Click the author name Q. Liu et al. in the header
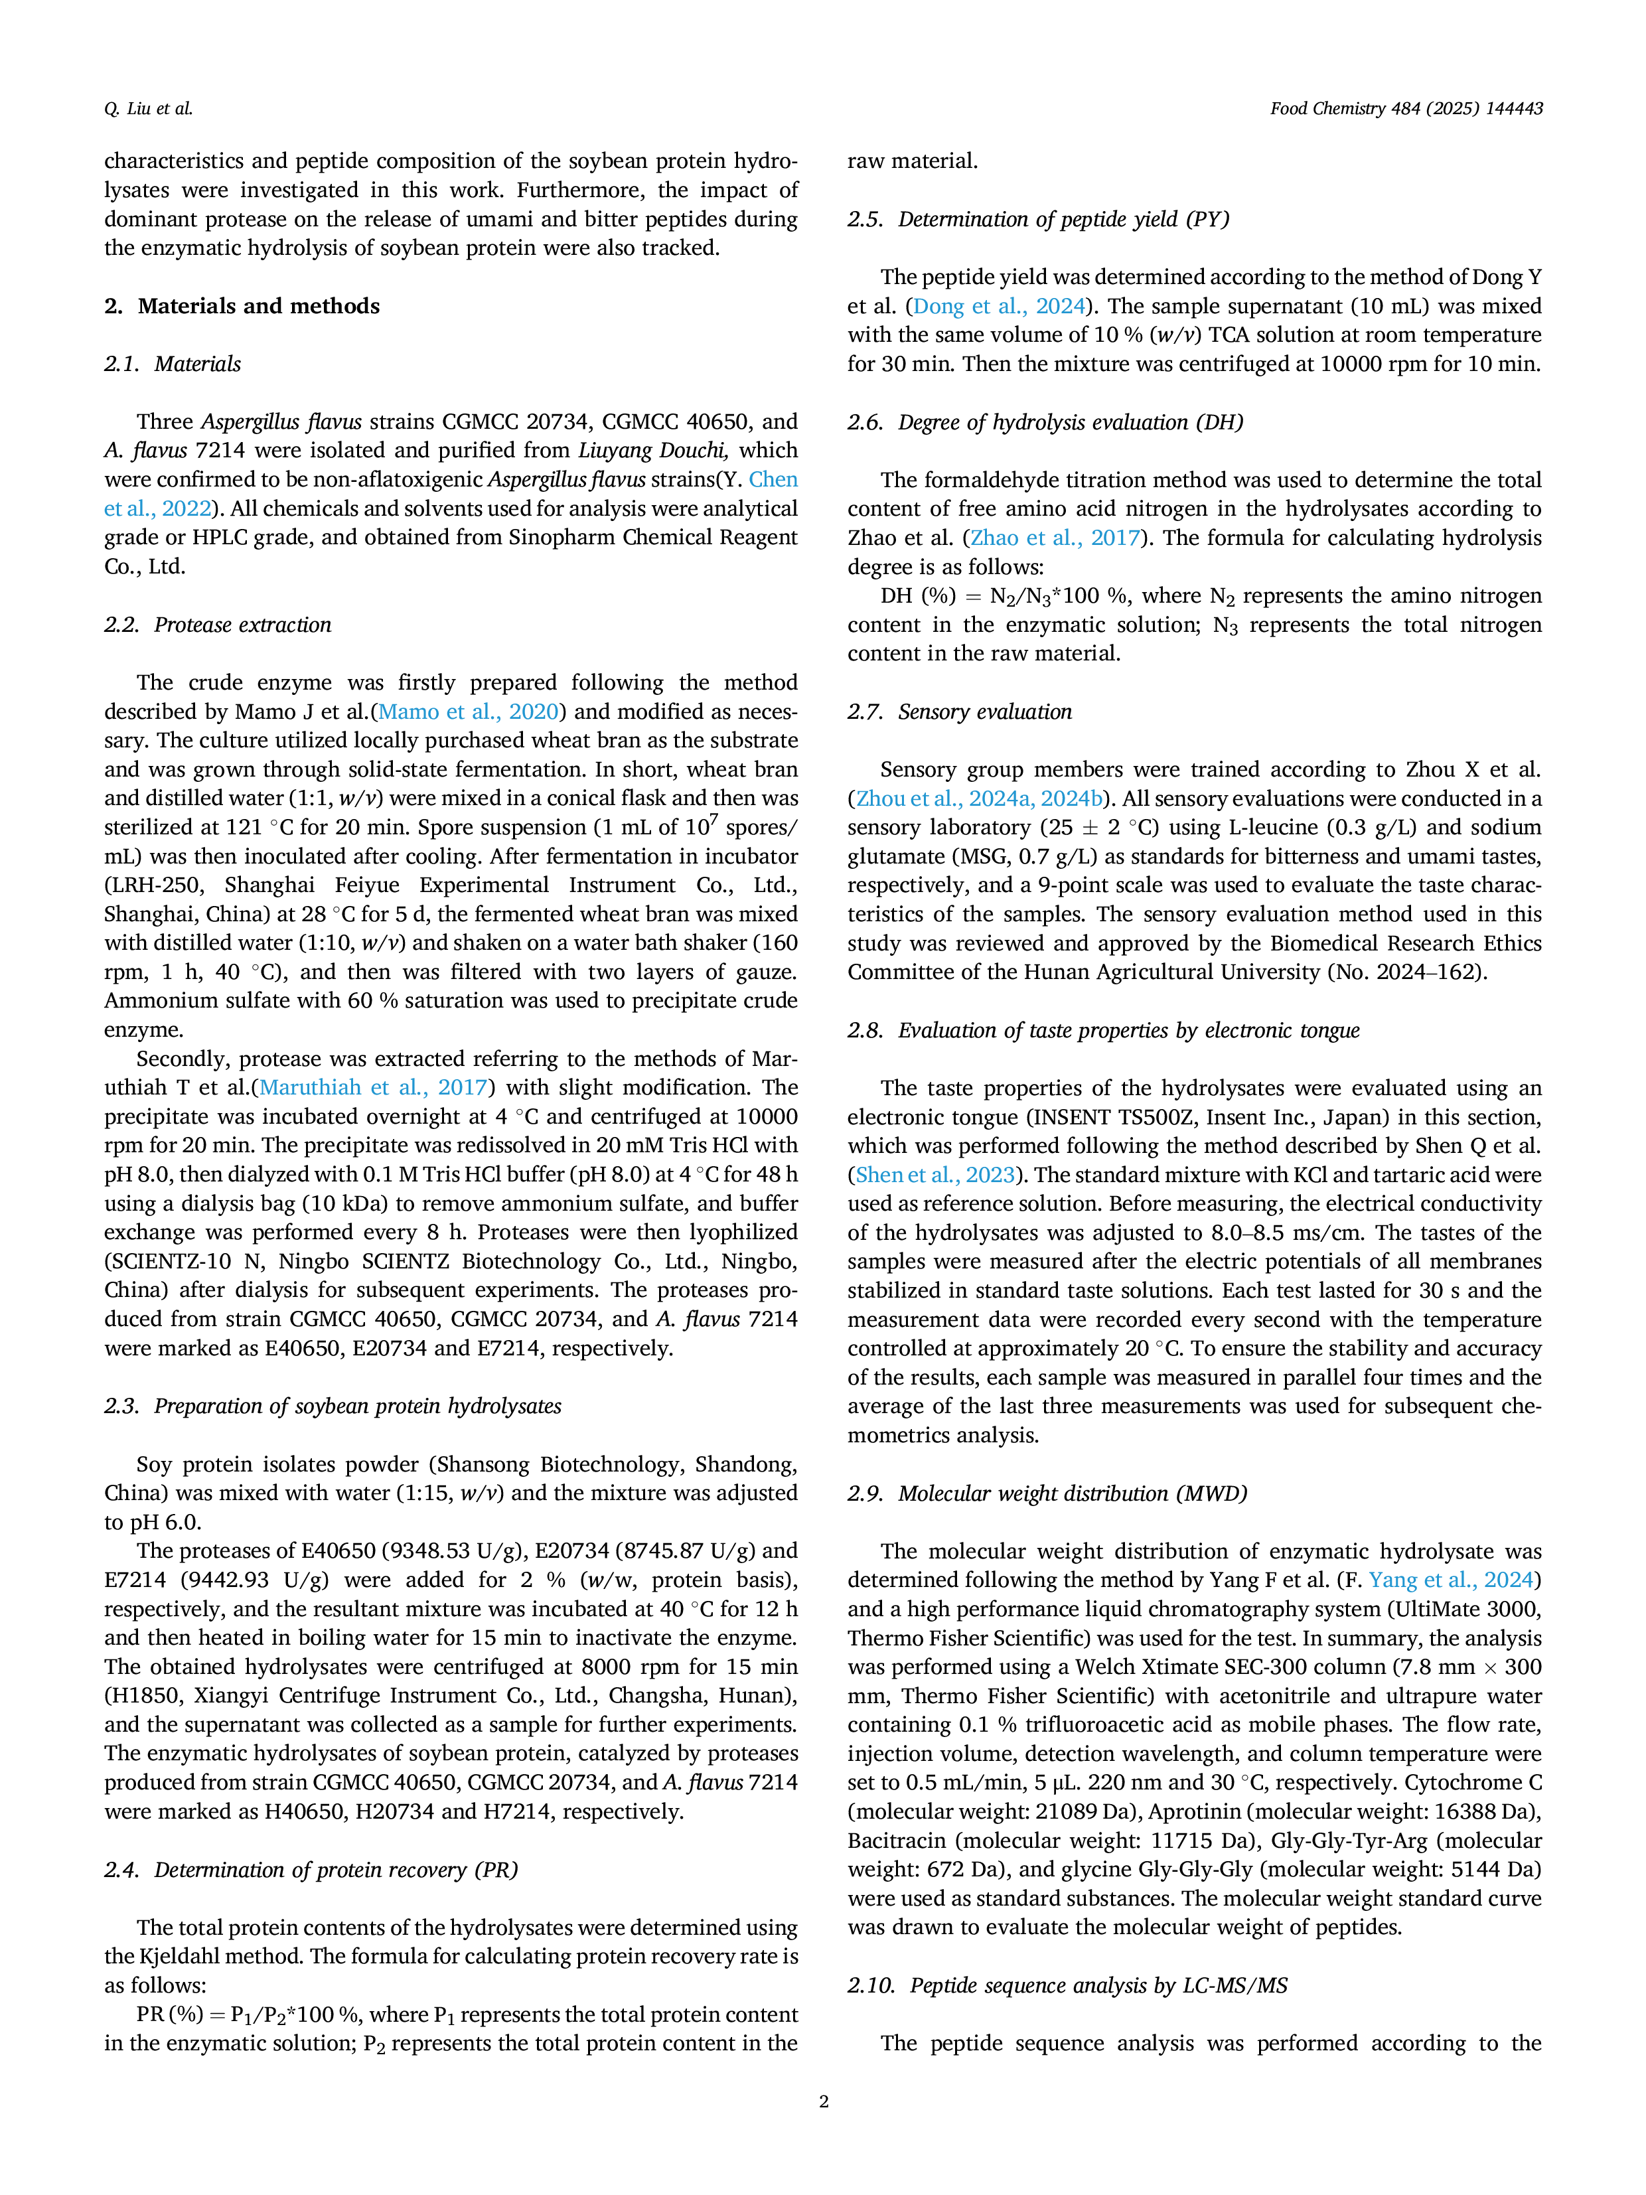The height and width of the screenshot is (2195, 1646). click(x=149, y=109)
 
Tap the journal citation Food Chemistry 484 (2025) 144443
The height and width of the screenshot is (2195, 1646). click(x=1406, y=109)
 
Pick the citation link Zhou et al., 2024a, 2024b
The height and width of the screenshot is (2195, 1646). click(x=979, y=798)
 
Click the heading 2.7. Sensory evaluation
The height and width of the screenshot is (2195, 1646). click(x=960, y=712)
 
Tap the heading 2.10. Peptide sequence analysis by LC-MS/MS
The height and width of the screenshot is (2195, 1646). click(x=1067, y=1986)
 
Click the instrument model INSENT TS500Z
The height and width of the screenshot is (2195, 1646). click(x=1112, y=1117)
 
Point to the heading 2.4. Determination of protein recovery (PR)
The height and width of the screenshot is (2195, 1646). click(x=311, y=1870)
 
